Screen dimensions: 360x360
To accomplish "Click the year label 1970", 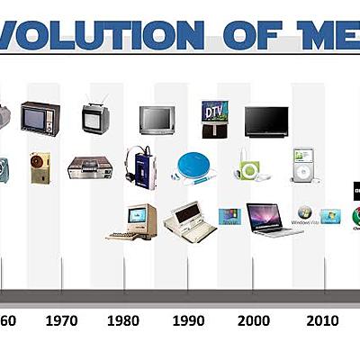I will click(x=61, y=320).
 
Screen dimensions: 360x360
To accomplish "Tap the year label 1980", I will click(x=123, y=320).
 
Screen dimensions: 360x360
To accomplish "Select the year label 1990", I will click(x=188, y=320).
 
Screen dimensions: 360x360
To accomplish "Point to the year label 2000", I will click(x=254, y=320).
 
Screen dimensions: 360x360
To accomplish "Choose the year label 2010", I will click(x=321, y=320).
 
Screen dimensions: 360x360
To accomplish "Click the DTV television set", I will click(x=214, y=119).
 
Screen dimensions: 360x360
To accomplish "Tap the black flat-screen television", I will click(x=266, y=121).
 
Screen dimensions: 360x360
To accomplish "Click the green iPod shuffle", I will click(x=249, y=168).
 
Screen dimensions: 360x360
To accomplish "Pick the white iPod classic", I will click(x=302, y=166).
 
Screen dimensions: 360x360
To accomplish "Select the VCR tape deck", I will click(x=90, y=167).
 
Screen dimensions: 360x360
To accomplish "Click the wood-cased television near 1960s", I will click(x=40, y=117).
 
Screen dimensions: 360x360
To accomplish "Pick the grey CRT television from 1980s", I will click(x=157, y=120).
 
